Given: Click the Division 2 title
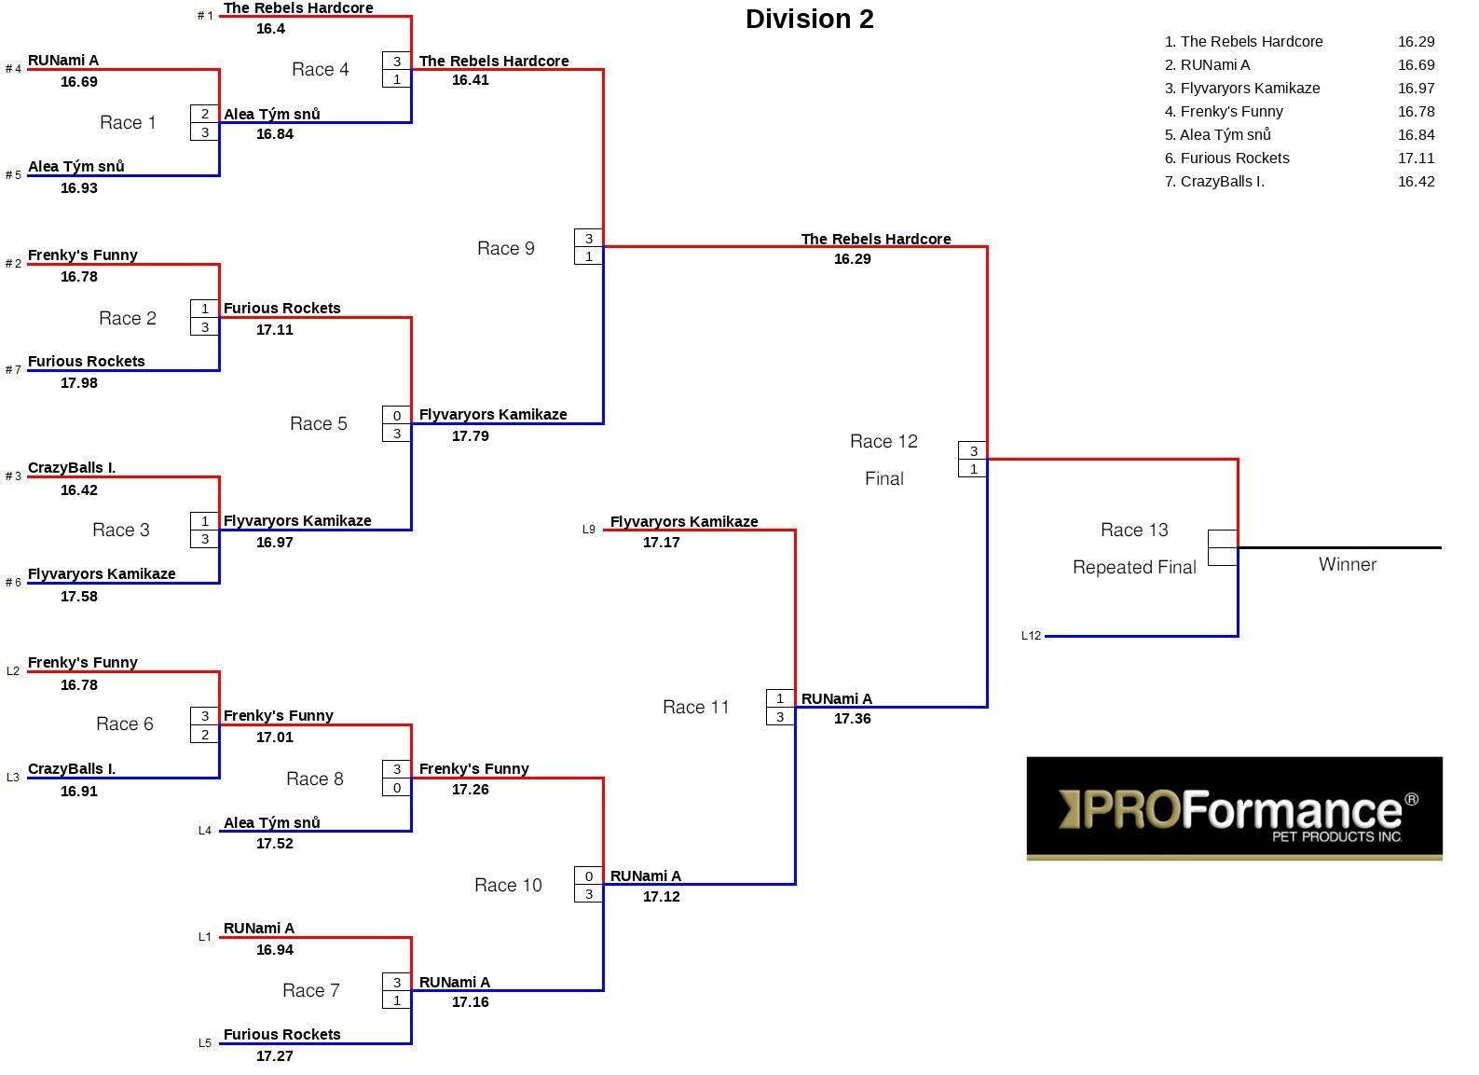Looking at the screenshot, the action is pos(810,20).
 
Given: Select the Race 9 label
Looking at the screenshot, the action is pos(506,248).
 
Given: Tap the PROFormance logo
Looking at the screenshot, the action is pos(1234,808).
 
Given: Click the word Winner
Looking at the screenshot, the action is pos(1348,564).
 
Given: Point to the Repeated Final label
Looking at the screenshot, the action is pos(1134,567).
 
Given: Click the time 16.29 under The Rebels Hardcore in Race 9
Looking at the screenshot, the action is pos(853,259).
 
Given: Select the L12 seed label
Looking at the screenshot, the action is pos(1031,636).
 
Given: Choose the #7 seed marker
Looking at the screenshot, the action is pos(13,370).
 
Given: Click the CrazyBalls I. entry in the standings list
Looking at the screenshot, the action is pos(1214,182).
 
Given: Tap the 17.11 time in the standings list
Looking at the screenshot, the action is pos(1417,158).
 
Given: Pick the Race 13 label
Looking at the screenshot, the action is pos(1134,530).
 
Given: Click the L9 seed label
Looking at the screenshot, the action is pos(588,530).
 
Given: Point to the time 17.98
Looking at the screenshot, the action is pos(79,383).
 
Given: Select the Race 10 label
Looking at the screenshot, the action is pos(509,886).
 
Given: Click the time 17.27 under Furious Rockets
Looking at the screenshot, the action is pos(275,1056).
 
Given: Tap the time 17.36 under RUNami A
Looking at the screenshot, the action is pos(853,719).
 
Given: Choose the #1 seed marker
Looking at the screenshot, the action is pos(205,16).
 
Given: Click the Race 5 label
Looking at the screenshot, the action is pos(318,423).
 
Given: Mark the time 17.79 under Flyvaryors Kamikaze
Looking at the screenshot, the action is pos(470,436).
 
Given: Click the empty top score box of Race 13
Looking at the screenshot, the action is pos(1222,539).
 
